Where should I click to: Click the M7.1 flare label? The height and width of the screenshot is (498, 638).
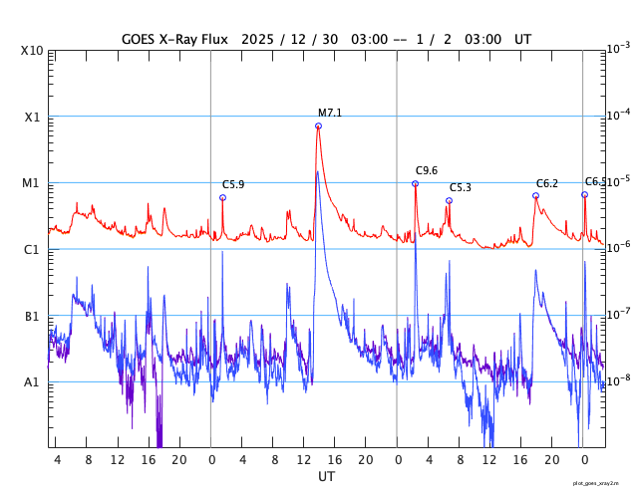pos(330,113)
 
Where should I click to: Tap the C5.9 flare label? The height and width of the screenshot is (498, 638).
pos(233,184)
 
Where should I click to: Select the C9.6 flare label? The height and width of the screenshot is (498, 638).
pos(427,170)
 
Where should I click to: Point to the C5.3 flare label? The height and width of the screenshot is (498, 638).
pos(461,187)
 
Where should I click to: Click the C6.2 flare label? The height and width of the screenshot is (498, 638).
pos(547,183)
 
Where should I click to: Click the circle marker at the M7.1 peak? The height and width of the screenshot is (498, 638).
pos(318,125)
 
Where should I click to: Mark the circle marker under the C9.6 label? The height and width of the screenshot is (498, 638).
pos(415,183)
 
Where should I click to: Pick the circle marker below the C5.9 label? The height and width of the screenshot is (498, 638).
pos(222,197)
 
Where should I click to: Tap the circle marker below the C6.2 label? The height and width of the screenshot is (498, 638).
pos(535,195)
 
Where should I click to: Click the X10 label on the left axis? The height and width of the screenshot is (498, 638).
pos(32,50)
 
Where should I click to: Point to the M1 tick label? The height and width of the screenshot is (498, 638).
pos(32,183)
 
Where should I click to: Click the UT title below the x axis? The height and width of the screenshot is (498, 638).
pos(327,477)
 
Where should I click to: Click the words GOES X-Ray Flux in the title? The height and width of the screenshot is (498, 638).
pos(174,39)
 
